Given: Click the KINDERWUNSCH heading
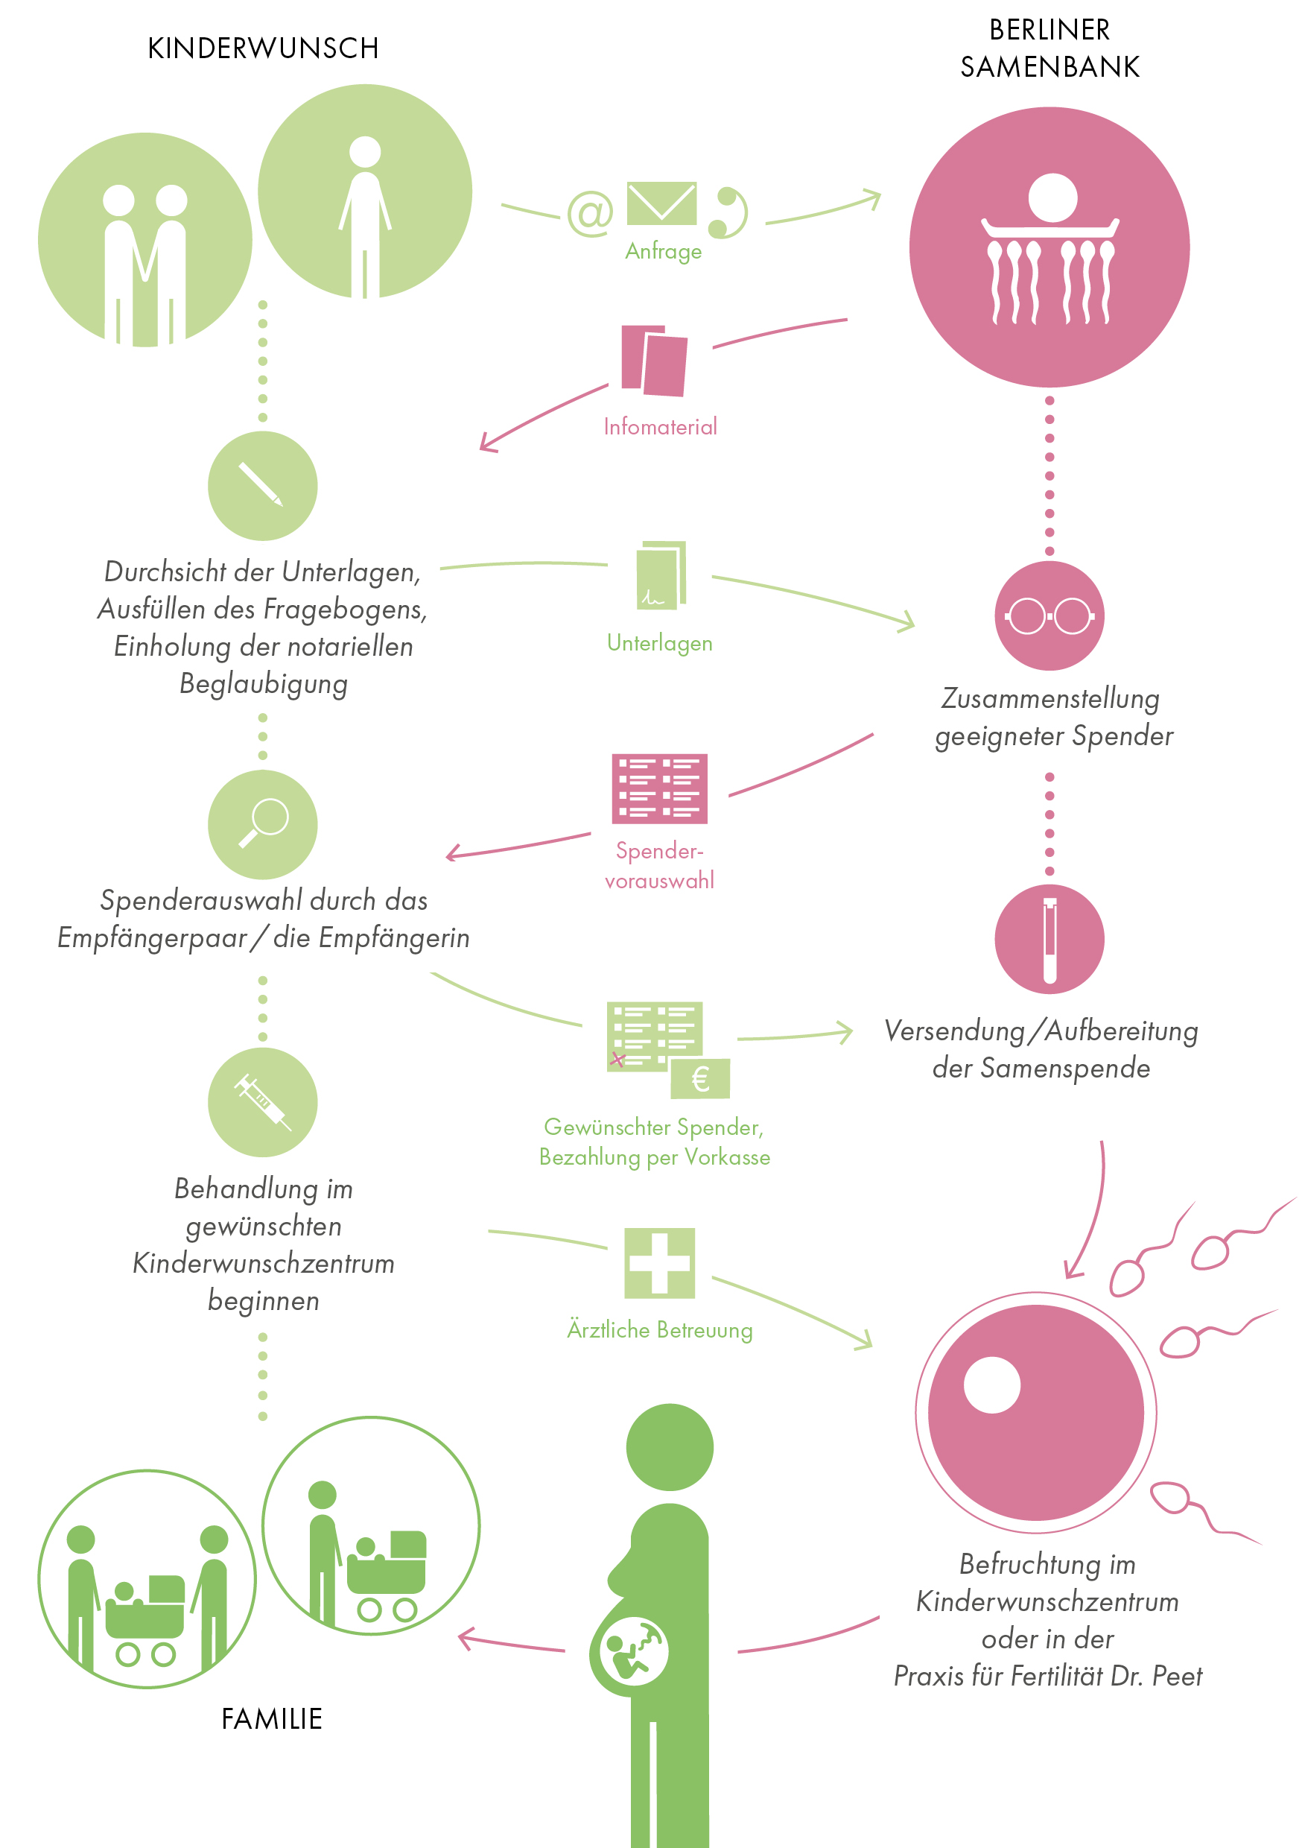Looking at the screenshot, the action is [x=263, y=48].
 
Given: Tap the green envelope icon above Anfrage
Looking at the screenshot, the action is [x=661, y=203].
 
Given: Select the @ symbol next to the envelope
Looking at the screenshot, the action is [x=590, y=213].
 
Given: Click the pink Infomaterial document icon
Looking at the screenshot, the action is [x=653, y=361].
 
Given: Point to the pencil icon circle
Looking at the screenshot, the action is [x=262, y=485].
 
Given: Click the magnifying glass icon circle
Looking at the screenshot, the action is [x=262, y=824].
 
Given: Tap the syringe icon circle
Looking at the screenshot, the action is [x=262, y=1102].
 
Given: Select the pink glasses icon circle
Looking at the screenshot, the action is [x=1049, y=616].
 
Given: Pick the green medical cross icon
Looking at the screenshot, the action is [x=660, y=1263].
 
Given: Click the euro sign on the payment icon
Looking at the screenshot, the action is [x=701, y=1078].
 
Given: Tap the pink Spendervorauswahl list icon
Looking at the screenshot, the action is [x=660, y=789].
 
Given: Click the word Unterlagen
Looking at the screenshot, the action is [x=660, y=643].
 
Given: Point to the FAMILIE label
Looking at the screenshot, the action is [x=272, y=1718].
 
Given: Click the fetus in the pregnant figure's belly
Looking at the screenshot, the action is [x=633, y=1651].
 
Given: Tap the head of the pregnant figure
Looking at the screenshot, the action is [x=670, y=1447].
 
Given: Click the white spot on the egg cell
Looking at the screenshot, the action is [x=991, y=1385].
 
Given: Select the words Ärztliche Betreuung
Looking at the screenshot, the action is [x=660, y=1329].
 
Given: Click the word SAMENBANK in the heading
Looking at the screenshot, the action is [x=1049, y=67].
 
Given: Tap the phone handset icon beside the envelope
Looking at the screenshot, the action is [x=730, y=213].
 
